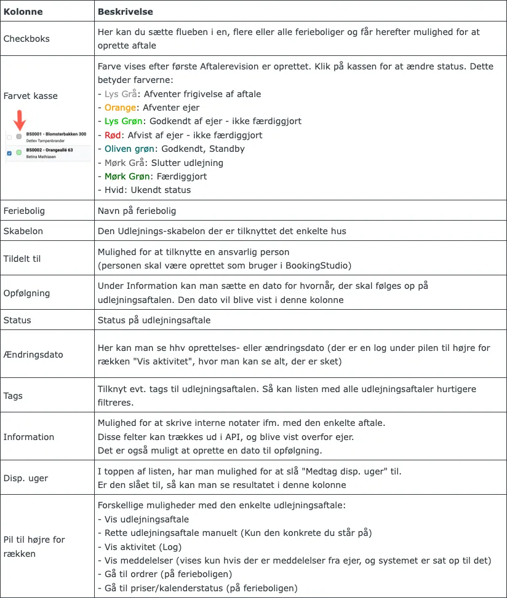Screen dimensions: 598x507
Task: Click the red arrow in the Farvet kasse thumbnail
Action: pos(19,119)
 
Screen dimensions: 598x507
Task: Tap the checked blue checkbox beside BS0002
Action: pos(9,152)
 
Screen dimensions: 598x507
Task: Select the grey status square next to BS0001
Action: pos(19,136)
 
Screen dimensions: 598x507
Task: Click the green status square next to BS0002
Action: pos(19,152)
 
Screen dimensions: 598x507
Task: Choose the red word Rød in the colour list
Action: pos(113,135)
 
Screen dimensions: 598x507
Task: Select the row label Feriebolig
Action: pos(24,211)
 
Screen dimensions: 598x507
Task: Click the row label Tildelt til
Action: pos(22,258)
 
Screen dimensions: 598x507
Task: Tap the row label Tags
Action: pos(14,396)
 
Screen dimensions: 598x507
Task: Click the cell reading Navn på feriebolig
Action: pos(137,211)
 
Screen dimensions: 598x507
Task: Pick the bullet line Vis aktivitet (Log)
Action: pos(145,547)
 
